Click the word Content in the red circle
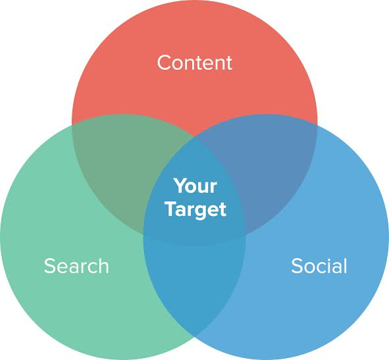click(195, 63)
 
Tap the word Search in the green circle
click(76, 266)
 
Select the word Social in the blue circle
click(319, 266)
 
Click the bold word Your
click(195, 186)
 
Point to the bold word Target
click(196, 209)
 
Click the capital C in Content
click(165, 63)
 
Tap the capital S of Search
click(49, 266)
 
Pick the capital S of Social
click(297, 266)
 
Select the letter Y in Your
click(180, 186)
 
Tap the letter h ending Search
click(103, 265)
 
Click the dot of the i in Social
click(329, 259)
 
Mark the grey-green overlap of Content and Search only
click(119, 168)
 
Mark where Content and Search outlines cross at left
click(72, 125)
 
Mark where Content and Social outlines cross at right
click(317, 125)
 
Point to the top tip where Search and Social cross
click(195, 136)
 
